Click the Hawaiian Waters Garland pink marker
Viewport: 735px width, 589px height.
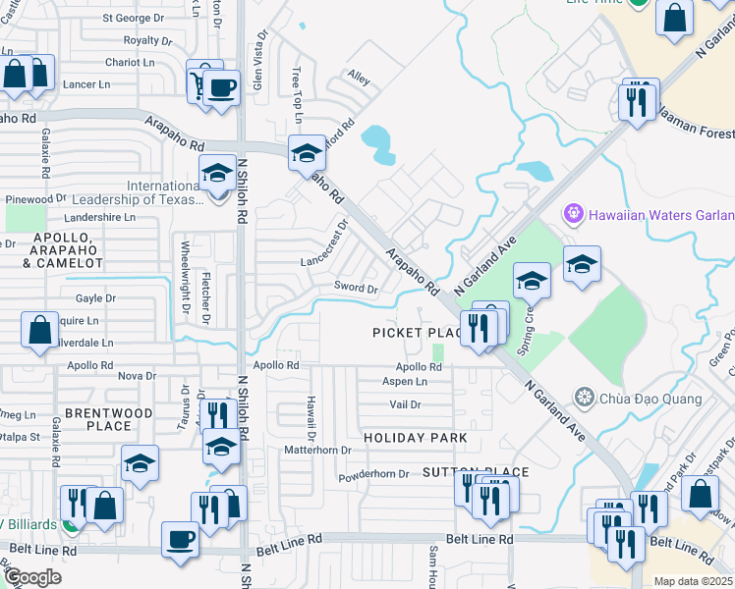(574, 213)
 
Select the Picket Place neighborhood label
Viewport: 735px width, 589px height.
(417, 333)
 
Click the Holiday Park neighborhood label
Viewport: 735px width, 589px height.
(414, 436)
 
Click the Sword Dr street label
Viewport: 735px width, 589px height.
(356, 289)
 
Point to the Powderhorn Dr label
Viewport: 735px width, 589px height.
(372, 473)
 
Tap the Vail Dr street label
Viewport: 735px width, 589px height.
(405, 404)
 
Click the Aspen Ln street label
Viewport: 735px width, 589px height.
(405, 381)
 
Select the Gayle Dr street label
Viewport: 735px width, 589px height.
(95, 297)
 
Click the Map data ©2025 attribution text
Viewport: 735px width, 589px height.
(693, 581)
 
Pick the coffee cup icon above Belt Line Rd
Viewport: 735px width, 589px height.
(180, 538)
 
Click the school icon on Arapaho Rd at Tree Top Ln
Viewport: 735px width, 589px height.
(307, 152)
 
